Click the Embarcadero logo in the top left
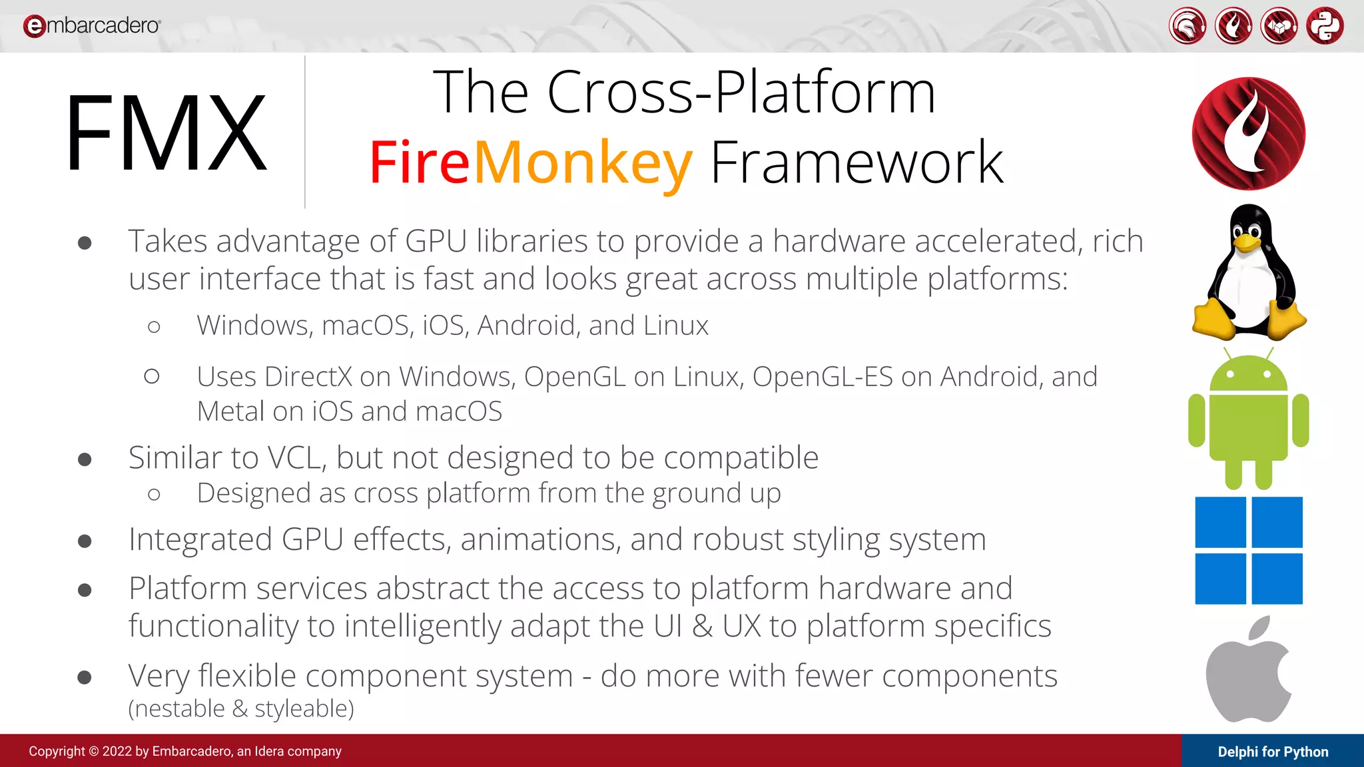tap(92, 26)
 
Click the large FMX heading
tap(167, 132)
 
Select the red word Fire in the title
tap(420, 162)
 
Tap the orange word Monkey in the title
tap(583, 162)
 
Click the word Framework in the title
tap(856, 162)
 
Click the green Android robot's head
tap(1249, 374)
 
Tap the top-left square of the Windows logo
tap(1220, 522)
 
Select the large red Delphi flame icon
tap(1249, 134)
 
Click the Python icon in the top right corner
tap(1325, 26)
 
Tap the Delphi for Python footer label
tap(1273, 752)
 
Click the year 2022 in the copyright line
tap(117, 752)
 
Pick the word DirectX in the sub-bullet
tap(308, 377)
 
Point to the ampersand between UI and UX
tap(702, 627)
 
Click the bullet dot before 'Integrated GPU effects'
tap(85, 541)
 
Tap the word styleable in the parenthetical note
tap(304, 709)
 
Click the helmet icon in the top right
tap(1187, 26)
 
